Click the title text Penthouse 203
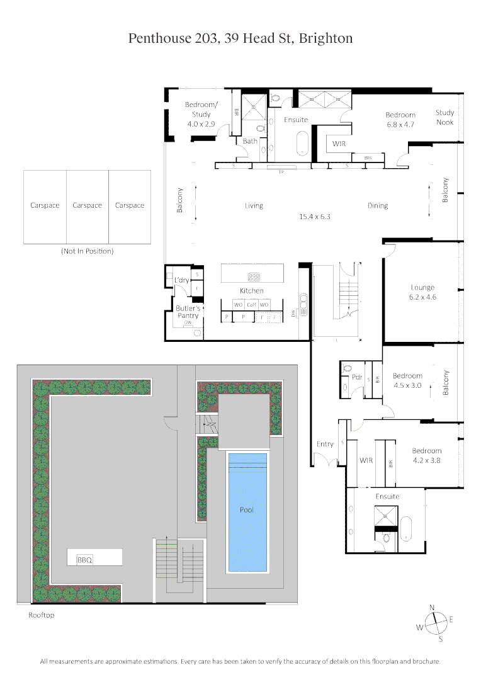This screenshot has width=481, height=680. [170, 38]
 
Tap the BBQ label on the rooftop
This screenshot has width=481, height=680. [84, 560]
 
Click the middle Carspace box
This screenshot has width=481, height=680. [87, 205]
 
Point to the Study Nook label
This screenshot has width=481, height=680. [444, 117]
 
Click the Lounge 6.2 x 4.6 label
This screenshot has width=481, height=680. [422, 292]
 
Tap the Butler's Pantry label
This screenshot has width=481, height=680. [188, 312]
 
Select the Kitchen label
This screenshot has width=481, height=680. [251, 290]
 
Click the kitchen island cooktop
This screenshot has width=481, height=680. [254, 276]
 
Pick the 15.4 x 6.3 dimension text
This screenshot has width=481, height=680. [315, 216]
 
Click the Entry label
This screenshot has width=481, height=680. [325, 444]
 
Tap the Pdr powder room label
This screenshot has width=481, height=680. [356, 378]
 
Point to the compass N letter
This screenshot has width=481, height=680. [432, 607]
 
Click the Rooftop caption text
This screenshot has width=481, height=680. [42, 615]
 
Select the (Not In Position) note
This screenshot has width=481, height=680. [87, 251]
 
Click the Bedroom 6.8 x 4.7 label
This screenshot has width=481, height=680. [400, 120]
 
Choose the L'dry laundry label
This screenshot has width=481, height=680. [181, 280]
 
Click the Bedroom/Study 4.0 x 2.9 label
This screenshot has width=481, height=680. [201, 115]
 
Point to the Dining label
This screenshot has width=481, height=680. [378, 205]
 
